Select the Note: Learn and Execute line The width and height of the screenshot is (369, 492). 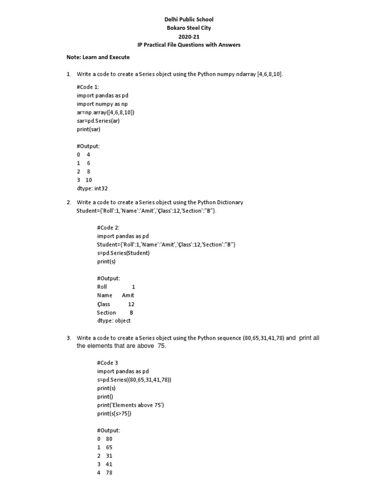pos(98,57)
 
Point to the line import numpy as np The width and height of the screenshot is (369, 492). pos(102,104)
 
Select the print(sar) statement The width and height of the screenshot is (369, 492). pos(88,129)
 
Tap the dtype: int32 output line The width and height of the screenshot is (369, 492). pos(95,188)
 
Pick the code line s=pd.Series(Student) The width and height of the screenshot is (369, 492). pos(123,253)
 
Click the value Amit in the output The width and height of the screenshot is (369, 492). pos(128,295)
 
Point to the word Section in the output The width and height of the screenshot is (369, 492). pos(106,312)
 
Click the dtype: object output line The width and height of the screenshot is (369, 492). pos(113,321)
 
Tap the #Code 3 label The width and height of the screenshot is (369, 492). pos(107,363)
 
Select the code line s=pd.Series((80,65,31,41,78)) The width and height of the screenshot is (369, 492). pos(134,380)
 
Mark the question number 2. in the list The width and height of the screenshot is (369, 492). pos(69,202)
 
